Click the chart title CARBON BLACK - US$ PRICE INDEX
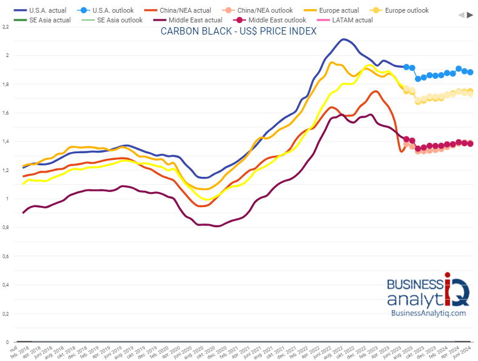point(238,31)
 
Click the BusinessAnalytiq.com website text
point(428,313)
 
